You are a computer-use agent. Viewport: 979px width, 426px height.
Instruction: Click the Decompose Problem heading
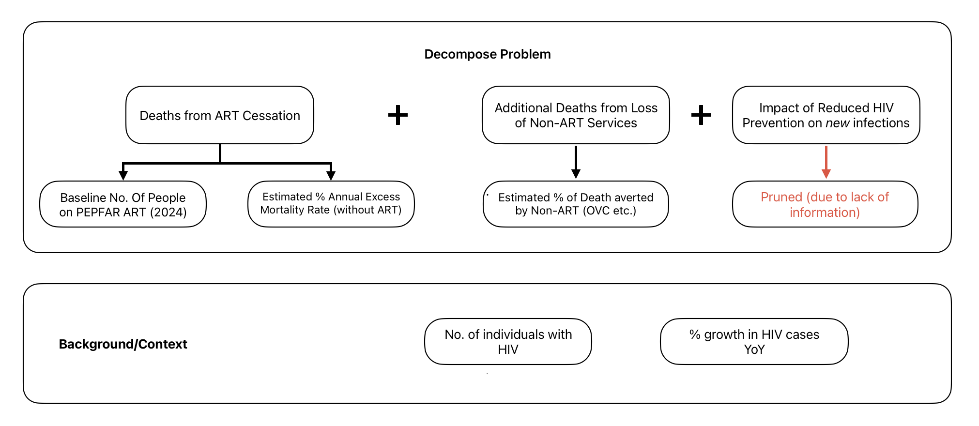pyautogui.click(x=487, y=54)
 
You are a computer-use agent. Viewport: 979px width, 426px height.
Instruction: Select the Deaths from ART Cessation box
pyautogui.click(x=219, y=115)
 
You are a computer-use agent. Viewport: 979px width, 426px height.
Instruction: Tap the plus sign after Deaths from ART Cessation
pyautogui.click(x=398, y=115)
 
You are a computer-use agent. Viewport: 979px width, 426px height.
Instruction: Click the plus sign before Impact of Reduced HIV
pyautogui.click(x=701, y=115)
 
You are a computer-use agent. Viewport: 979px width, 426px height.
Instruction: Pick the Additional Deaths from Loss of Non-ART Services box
pyautogui.click(x=576, y=115)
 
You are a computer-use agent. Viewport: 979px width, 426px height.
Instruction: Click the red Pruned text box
pyautogui.click(x=825, y=204)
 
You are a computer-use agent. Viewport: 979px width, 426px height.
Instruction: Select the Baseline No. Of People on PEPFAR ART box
pyautogui.click(x=122, y=204)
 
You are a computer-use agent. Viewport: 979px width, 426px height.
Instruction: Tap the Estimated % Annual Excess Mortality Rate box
pyautogui.click(x=331, y=203)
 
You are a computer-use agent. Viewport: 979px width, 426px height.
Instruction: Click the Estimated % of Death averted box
pyautogui.click(x=576, y=204)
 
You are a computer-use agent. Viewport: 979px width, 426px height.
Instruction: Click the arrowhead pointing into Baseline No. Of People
pyautogui.click(x=123, y=175)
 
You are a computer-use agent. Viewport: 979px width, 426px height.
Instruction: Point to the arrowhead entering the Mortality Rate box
pyautogui.click(x=331, y=175)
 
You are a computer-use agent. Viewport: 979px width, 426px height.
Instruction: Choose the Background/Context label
pyautogui.click(x=122, y=344)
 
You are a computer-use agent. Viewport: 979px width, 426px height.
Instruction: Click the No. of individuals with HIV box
pyautogui.click(x=508, y=341)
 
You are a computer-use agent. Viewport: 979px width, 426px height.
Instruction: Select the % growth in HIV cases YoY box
pyautogui.click(x=754, y=341)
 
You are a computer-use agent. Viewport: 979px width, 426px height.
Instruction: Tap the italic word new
pyautogui.click(x=837, y=123)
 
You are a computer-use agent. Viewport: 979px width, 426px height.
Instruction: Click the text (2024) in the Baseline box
pyautogui.click(x=168, y=213)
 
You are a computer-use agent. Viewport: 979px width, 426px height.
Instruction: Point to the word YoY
pyautogui.click(x=754, y=350)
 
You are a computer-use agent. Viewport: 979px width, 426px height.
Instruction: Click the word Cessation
pyautogui.click(x=271, y=116)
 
